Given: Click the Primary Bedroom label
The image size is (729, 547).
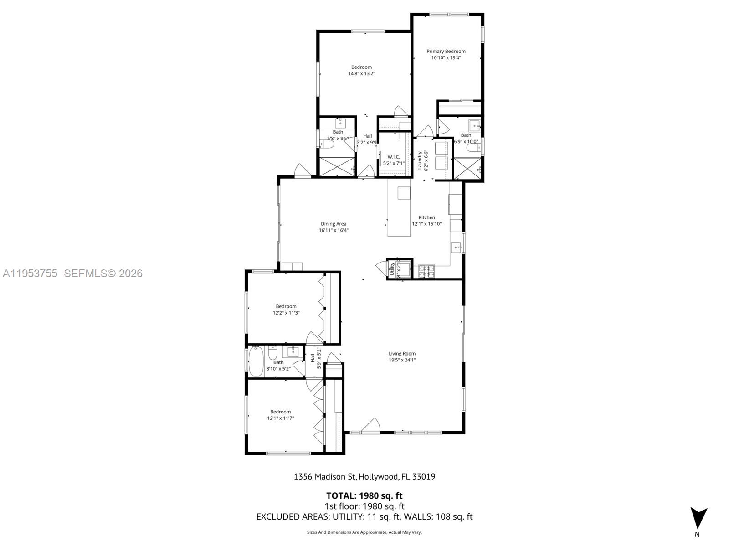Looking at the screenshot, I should [446, 52].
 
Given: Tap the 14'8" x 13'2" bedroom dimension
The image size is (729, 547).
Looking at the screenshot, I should [361, 73].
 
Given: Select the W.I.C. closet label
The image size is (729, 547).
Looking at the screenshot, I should [394, 157].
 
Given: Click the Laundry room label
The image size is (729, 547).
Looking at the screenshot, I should [420, 160].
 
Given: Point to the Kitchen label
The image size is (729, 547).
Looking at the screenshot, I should [426, 217].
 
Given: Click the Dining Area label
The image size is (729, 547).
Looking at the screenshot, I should [334, 224].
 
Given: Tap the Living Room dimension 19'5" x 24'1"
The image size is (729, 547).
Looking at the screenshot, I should [402, 360].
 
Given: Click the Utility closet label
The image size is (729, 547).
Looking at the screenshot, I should [392, 269].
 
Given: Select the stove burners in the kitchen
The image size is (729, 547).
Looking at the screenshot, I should [426, 271].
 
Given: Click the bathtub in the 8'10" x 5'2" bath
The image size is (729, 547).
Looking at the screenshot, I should [256, 361].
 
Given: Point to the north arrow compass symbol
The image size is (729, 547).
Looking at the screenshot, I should [698, 519].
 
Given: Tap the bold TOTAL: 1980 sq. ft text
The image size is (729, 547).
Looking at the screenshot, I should [364, 495].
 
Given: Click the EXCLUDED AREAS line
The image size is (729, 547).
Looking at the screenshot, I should [364, 516].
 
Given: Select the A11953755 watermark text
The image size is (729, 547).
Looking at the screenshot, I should [30, 273].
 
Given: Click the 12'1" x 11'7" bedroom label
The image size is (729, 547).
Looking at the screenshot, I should [280, 415].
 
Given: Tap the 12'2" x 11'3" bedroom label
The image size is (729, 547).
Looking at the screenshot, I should [286, 310].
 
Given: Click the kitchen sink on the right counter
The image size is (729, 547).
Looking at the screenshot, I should [456, 248].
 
